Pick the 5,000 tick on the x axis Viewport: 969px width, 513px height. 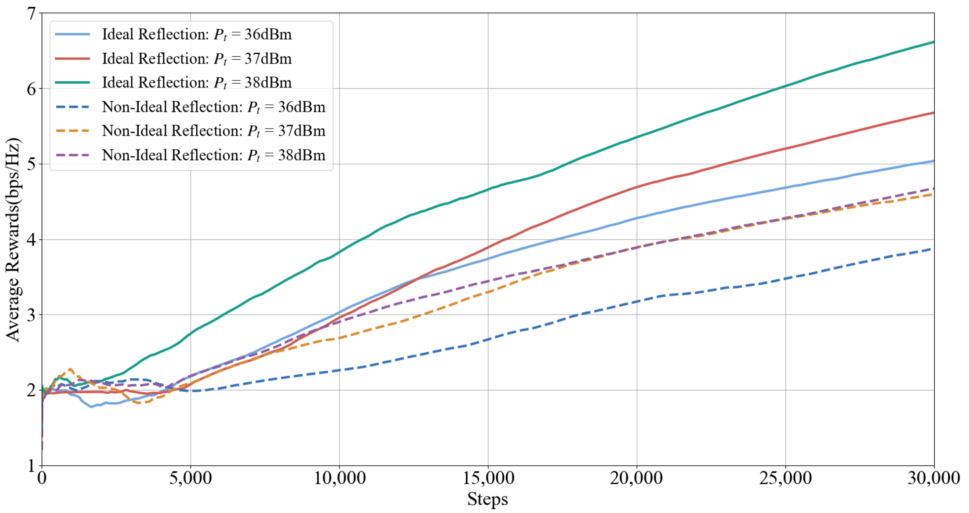tap(190, 479)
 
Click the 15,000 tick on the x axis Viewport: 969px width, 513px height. tap(488, 479)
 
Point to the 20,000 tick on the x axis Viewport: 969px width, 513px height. tap(637, 479)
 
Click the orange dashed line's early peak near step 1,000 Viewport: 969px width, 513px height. tap(70, 369)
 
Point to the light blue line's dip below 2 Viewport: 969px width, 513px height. tap(91, 407)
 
